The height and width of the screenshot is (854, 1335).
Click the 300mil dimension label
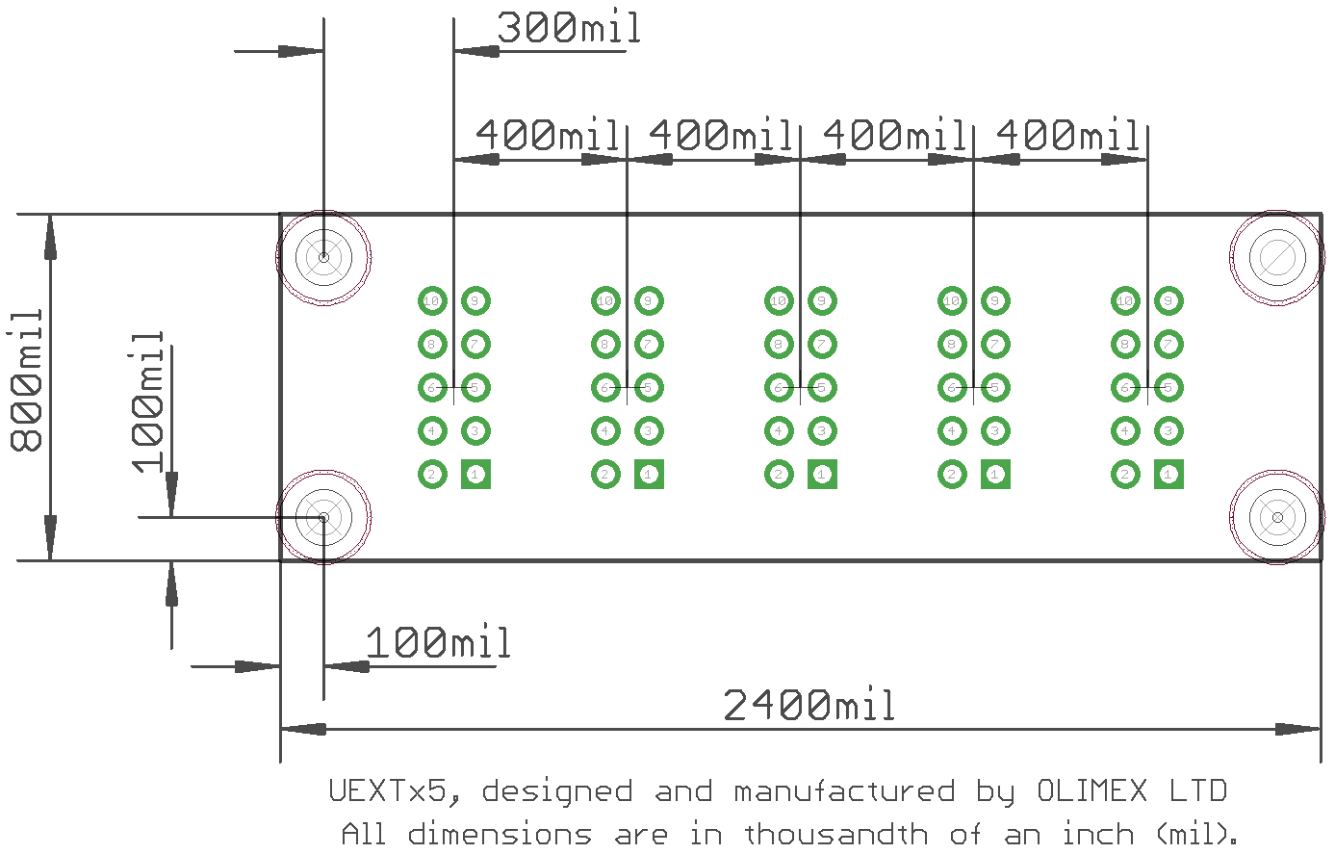click(x=568, y=28)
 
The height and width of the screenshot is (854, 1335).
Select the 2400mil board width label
click(x=809, y=706)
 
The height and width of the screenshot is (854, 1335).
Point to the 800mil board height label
click(x=28, y=380)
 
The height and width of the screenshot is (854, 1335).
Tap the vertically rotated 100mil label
click(x=148, y=401)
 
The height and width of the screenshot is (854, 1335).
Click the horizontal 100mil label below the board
click(x=438, y=643)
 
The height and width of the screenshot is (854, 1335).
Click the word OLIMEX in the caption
click(x=1091, y=791)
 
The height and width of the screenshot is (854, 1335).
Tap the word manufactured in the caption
click(x=844, y=791)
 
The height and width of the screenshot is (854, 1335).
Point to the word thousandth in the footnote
click(x=836, y=833)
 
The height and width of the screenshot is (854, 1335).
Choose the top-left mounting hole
click(x=323, y=257)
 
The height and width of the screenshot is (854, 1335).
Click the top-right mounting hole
click(x=1277, y=257)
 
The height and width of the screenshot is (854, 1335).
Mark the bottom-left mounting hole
click(x=323, y=517)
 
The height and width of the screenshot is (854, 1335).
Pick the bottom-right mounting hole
click(x=1277, y=517)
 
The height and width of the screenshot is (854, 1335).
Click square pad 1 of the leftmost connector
click(x=475, y=474)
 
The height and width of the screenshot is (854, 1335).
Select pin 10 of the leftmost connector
click(x=432, y=301)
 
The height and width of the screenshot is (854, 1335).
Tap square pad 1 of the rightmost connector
click(x=1168, y=474)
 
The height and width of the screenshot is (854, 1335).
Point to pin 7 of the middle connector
click(x=822, y=344)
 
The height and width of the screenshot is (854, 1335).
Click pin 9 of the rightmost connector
click(x=1168, y=301)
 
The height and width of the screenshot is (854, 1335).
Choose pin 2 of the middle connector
click(x=779, y=474)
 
